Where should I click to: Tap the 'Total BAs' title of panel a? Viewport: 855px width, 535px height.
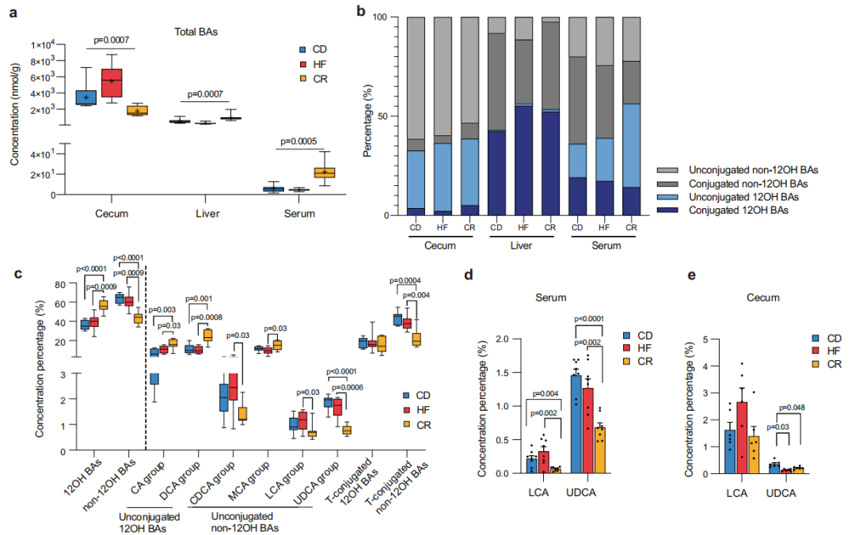197,32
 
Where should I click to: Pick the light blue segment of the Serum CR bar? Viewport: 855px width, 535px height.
631,146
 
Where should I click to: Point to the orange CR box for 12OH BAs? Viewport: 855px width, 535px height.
103,305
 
